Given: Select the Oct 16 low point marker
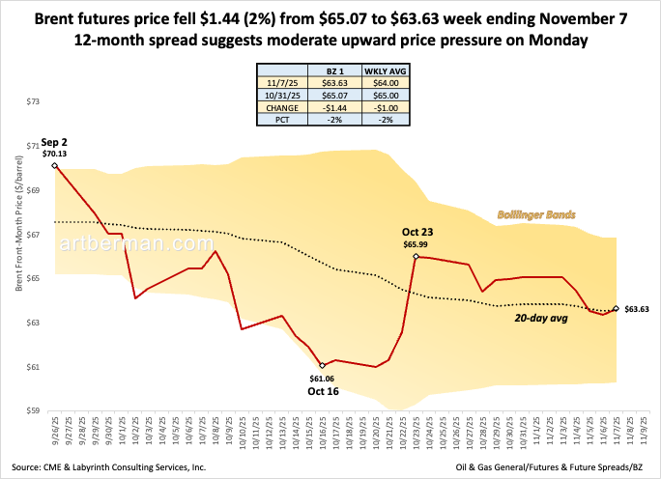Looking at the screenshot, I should click(322, 365).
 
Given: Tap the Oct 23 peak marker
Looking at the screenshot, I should click(415, 257).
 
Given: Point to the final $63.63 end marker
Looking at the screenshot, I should click(617, 309).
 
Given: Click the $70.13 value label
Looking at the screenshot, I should click(55, 154).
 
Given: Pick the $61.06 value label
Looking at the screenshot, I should click(322, 378).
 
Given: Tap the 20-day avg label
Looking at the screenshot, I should click(536, 318).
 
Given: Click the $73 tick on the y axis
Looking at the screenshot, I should click(36, 101).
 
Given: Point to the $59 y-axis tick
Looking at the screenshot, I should click(36, 411).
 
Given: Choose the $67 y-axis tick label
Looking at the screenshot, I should click(36, 235).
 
